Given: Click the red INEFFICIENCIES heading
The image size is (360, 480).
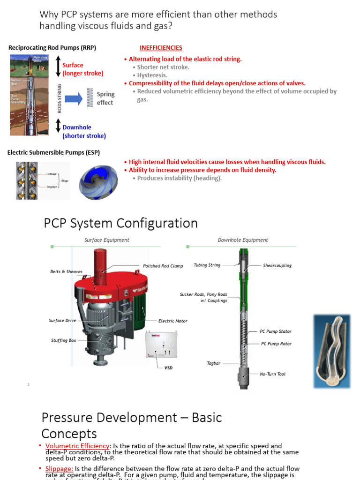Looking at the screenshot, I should click(x=161, y=48).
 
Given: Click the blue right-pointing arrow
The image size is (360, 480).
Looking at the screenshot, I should click(x=74, y=98).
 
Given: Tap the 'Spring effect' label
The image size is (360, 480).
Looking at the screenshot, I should click(x=105, y=98).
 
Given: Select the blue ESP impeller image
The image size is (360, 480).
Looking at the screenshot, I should click(x=97, y=180).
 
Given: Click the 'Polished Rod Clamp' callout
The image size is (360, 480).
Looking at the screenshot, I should click(x=163, y=266).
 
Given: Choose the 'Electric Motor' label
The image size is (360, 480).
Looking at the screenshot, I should click(x=172, y=321).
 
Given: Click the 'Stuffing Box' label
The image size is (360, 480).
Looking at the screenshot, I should click(x=63, y=341).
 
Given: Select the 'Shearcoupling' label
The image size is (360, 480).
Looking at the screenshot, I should click(x=277, y=266).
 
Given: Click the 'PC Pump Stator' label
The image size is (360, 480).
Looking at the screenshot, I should click(x=276, y=331).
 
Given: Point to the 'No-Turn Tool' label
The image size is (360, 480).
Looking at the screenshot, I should click(x=272, y=374).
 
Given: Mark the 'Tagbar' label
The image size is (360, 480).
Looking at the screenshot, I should click(x=213, y=363).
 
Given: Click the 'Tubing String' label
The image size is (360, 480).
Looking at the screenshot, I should click(x=207, y=265).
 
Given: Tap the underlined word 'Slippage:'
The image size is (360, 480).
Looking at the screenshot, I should click(x=59, y=469).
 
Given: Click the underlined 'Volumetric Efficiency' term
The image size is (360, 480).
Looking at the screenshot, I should click(x=77, y=446).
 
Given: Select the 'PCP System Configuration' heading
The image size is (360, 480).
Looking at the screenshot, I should click(x=120, y=223).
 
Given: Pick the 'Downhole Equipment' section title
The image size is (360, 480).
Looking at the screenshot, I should click(x=243, y=240).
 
